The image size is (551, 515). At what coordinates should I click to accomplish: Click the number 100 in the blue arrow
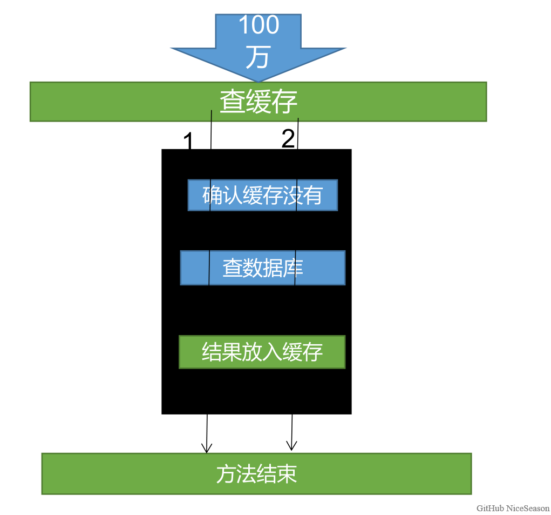click(x=259, y=25)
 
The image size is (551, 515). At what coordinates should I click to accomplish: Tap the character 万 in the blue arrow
click(x=257, y=57)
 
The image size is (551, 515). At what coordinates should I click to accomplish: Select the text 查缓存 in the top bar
click(x=259, y=102)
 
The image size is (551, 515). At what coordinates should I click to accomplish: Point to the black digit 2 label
click(x=288, y=139)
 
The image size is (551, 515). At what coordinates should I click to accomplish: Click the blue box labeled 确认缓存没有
click(x=262, y=195)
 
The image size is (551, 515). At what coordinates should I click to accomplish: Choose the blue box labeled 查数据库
click(x=262, y=267)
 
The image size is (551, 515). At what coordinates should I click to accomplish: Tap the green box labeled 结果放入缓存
click(x=262, y=352)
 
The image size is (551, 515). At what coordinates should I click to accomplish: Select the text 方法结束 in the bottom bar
click(x=256, y=474)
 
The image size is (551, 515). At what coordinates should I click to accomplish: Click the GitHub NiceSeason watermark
click(x=513, y=508)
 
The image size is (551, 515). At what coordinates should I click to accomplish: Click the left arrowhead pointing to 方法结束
click(x=206, y=449)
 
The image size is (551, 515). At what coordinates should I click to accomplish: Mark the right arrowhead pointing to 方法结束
click(x=291, y=446)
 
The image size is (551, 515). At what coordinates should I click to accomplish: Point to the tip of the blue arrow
click(x=259, y=81)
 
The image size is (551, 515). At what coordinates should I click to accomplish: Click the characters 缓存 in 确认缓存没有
click(x=262, y=195)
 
